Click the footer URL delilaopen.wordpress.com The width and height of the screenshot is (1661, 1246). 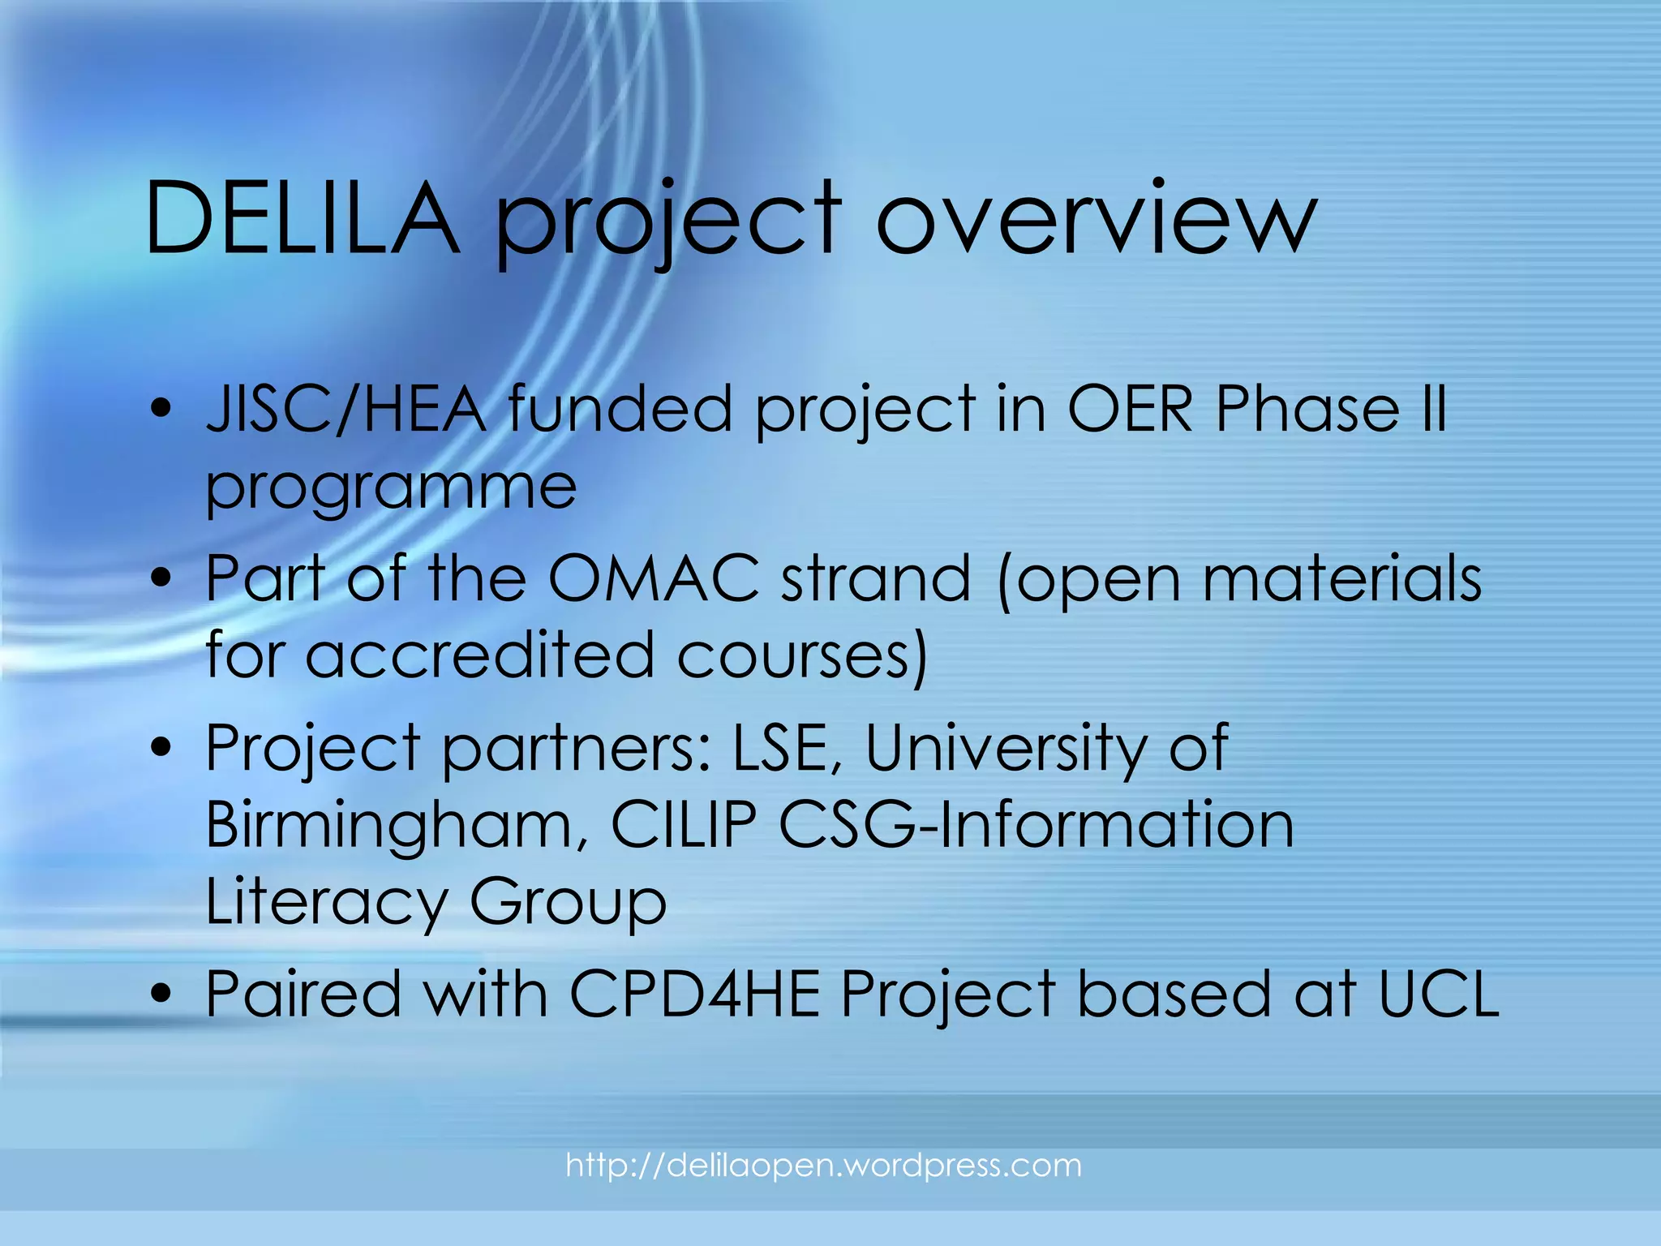click(x=823, y=1166)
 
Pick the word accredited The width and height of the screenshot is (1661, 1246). click(x=479, y=655)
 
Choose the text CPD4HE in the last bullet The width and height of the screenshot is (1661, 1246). click(x=694, y=994)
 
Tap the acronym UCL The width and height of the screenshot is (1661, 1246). click(x=1439, y=994)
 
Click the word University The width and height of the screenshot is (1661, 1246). click(x=1006, y=746)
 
